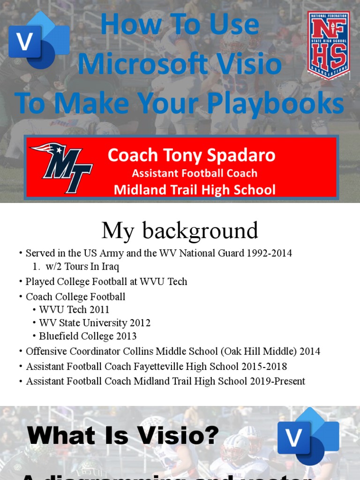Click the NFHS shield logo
point(328,45)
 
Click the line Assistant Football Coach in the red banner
point(195,173)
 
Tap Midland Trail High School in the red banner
point(195,189)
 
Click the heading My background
point(180,231)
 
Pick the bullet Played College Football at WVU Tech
point(106,282)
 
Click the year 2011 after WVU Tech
point(99,310)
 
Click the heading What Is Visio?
point(123,436)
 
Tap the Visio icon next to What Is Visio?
point(307,436)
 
